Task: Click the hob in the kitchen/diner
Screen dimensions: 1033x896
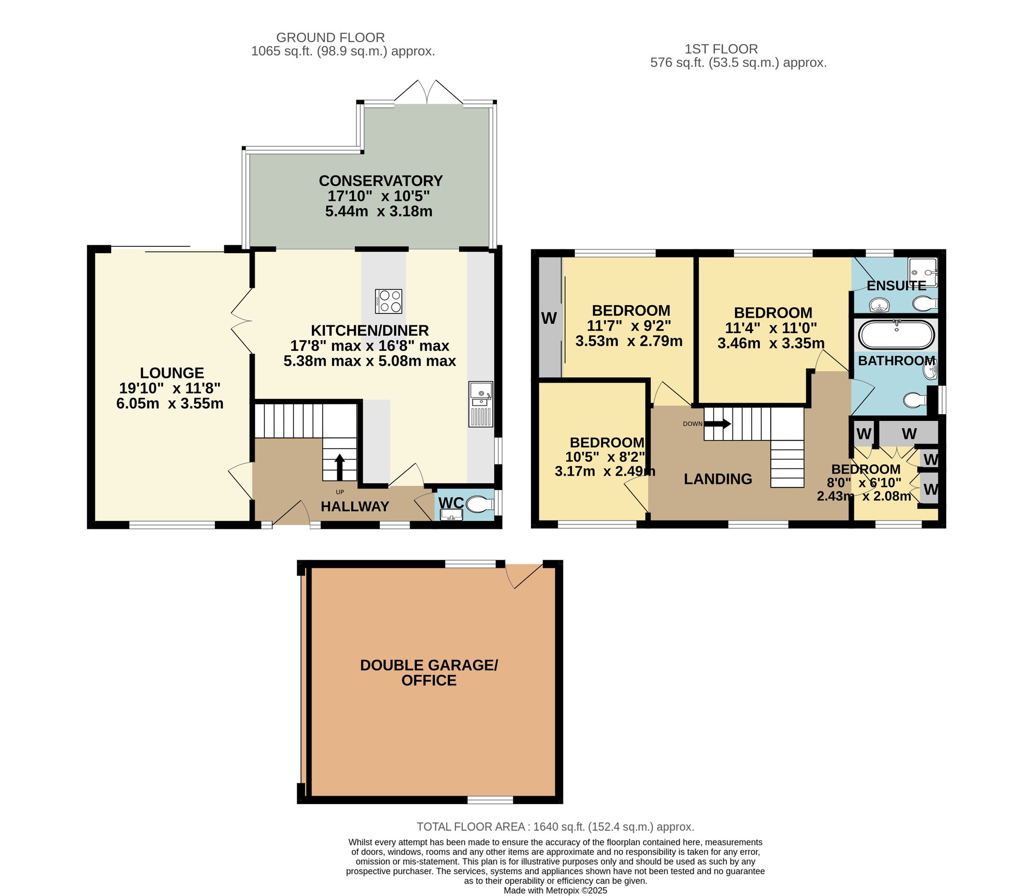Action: coord(388,302)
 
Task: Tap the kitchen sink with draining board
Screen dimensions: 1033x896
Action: coord(481,404)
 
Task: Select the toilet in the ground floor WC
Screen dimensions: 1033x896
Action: coord(479,504)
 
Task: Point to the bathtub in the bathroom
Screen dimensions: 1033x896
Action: coord(896,335)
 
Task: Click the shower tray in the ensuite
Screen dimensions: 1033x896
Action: coord(923,272)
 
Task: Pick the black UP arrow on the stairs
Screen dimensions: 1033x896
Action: coord(340,467)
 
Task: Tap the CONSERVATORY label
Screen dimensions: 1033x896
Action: coord(381,181)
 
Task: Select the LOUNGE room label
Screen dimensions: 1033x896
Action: coord(172,373)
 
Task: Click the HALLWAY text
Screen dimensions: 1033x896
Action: coord(355,507)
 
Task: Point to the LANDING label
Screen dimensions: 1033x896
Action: coord(718,479)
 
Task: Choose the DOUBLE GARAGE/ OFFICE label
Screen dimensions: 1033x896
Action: coord(429,672)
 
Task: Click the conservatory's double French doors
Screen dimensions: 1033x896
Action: coord(428,92)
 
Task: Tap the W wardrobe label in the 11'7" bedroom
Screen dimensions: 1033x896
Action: coord(549,319)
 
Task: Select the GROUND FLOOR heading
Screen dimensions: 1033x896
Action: coord(331,38)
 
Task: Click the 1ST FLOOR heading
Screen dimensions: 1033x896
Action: coord(721,49)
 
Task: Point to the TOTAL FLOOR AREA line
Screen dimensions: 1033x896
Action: coord(555,827)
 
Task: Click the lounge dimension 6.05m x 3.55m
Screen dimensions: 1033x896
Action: coord(170,403)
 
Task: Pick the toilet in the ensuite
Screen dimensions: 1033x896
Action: coord(925,304)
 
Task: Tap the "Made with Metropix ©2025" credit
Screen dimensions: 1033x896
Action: coord(555,891)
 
